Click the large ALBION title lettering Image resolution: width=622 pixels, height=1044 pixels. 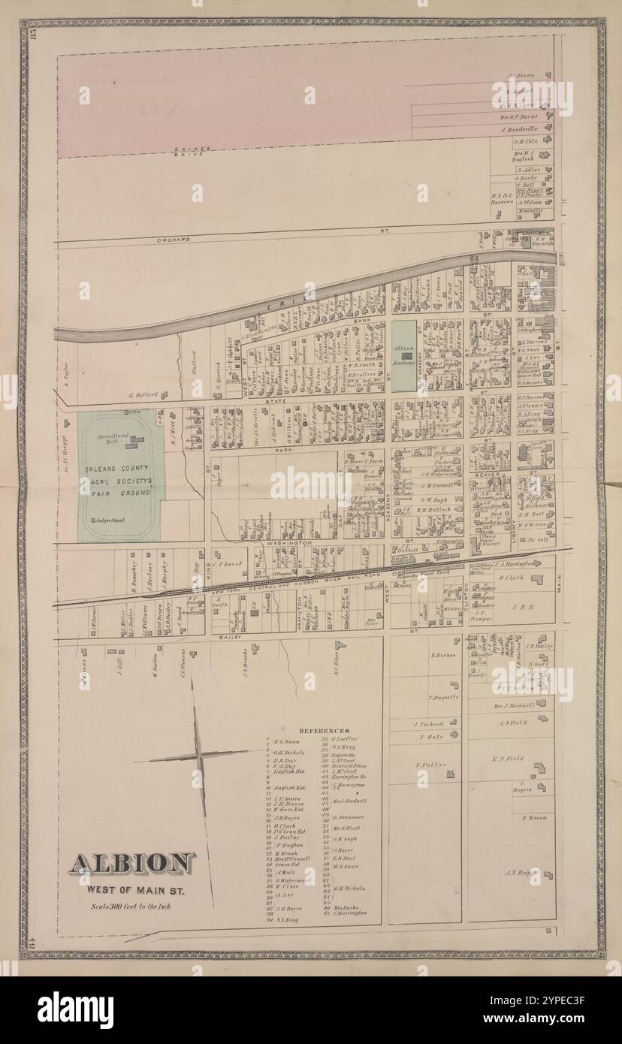[132, 864]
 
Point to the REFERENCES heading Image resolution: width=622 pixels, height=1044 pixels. [324, 730]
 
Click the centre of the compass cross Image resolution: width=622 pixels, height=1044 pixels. [199, 754]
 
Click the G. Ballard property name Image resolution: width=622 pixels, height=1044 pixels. [141, 394]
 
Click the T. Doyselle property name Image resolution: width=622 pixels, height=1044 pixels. [424, 697]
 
